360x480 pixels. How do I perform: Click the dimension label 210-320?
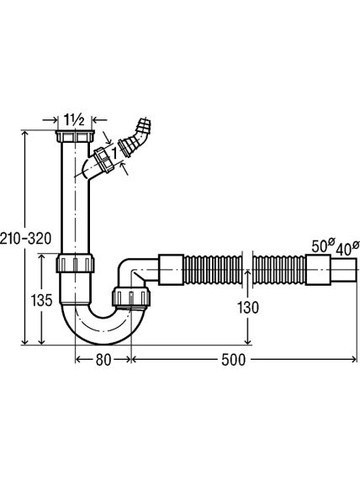[x=25, y=239]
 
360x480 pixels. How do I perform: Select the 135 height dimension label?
[x=42, y=300]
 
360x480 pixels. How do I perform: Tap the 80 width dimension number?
[x=103, y=360]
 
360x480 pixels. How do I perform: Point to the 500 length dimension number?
[x=234, y=360]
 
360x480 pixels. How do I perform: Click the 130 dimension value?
[x=248, y=308]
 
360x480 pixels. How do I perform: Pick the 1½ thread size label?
[x=74, y=119]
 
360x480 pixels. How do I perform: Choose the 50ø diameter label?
[x=323, y=245]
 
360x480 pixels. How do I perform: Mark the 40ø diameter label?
[x=347, y=249]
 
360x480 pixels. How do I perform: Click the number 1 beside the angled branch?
[x=114, y=152]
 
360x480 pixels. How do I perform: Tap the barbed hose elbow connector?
[x=136, y=138]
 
